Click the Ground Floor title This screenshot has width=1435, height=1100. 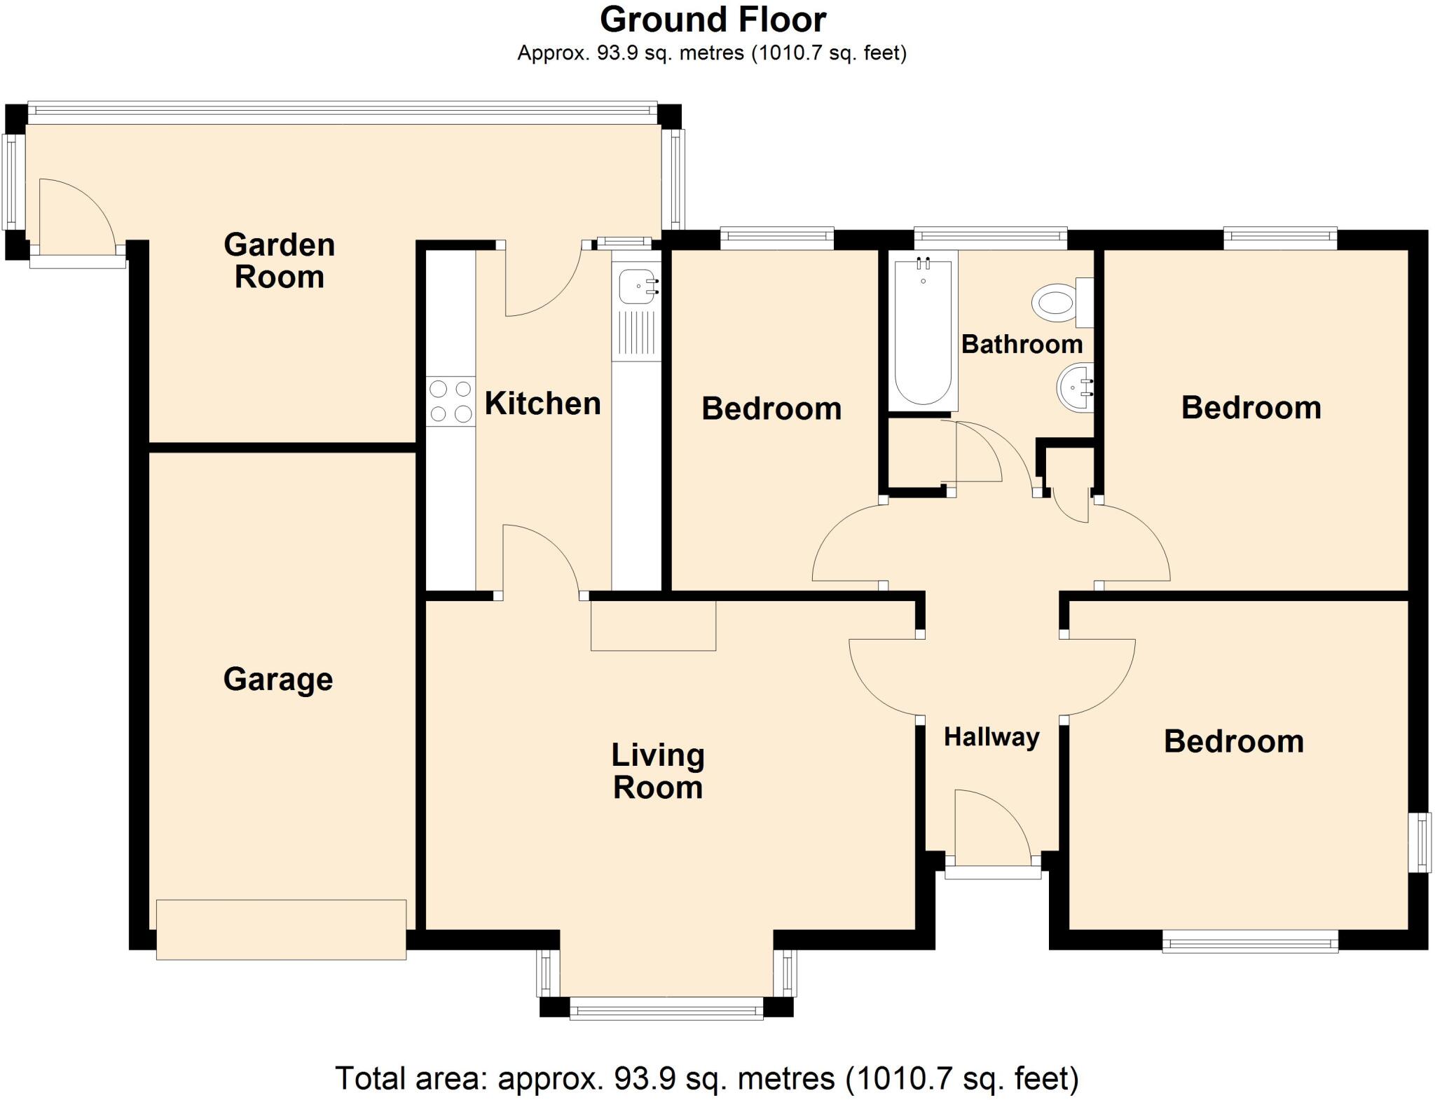click(713, 20)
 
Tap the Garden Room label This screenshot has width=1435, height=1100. click(279, 261)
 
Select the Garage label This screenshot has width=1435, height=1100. click(278, 679)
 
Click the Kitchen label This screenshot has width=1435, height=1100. click(542, 404)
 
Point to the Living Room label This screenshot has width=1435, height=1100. click(657, 771)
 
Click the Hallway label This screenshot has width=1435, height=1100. click(991, 737)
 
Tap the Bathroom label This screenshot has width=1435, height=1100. click(1022, 344)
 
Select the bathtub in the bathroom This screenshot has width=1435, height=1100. click(923, 331)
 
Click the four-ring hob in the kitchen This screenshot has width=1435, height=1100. click(451, 401)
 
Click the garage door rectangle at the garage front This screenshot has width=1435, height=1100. click(281, 929)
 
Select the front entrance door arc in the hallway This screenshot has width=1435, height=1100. click(989, 827)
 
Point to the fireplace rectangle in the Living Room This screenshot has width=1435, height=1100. click(653, 626)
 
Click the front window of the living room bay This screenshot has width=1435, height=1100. click(666, 1011)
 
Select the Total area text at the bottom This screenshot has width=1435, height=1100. click(706, 1078)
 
